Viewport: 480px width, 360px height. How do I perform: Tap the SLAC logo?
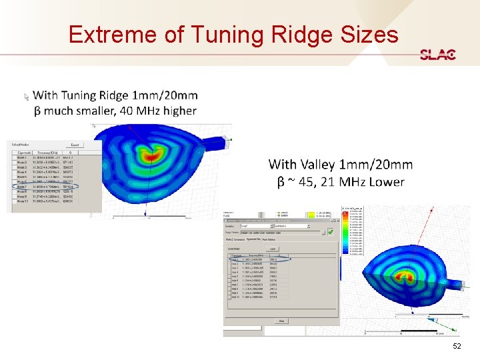point(437,55)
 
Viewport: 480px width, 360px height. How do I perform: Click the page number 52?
point(457,347)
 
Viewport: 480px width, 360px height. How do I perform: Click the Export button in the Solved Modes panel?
point(75,145)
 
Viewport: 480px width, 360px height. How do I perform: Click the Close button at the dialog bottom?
point(281,321)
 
